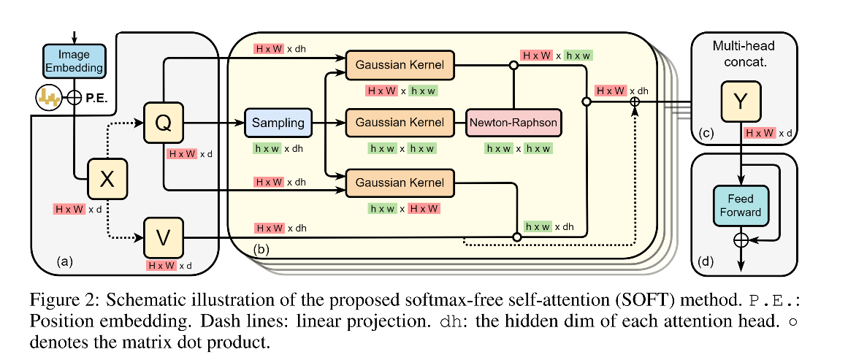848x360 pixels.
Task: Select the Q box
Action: pos(165,123)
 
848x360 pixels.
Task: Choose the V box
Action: pos(165,237)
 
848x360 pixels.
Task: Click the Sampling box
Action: pos(278,123)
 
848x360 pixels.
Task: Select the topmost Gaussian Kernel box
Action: pos(400,65)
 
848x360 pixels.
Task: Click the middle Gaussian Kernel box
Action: pos(400,123)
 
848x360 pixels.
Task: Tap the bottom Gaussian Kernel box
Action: pos(400,180)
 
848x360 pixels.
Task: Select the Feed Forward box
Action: pos(742,205)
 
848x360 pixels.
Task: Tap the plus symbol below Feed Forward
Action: pos(742,239)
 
